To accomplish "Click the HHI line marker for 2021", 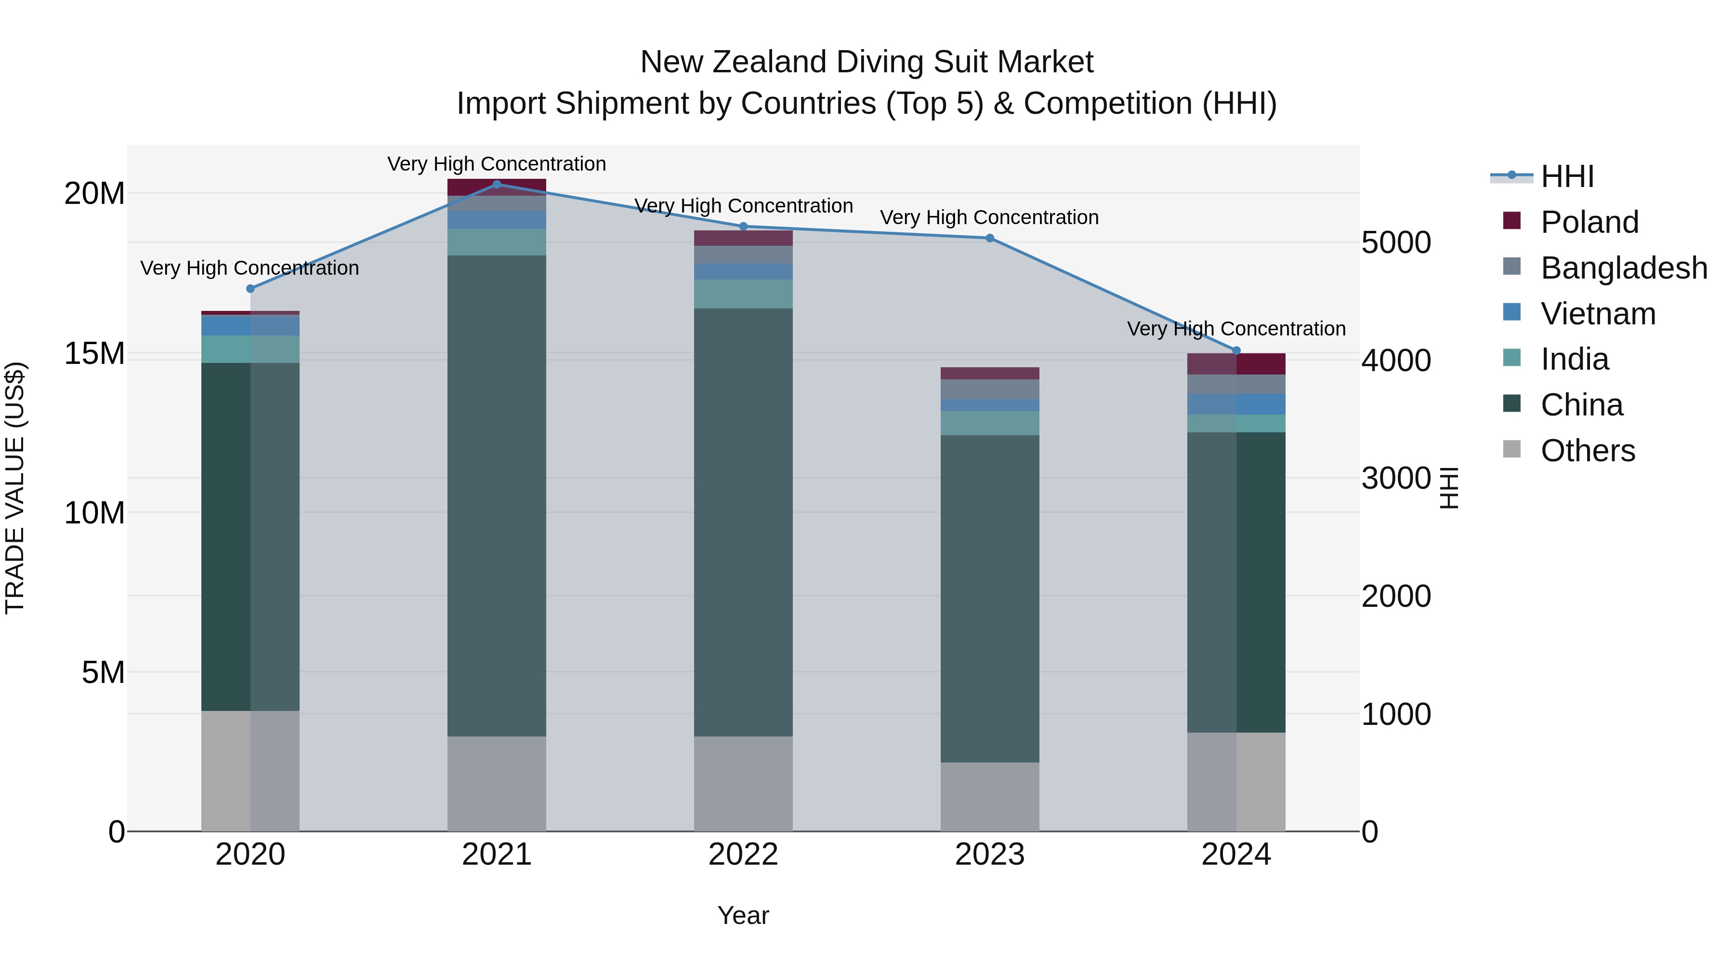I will pos(497,184).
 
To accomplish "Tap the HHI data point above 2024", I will pos(1236,350).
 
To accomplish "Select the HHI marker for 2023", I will pos(989,238).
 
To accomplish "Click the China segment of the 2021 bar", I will pos(497,495).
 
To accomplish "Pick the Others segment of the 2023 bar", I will pos(989,796).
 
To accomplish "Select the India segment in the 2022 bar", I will pos(743,294).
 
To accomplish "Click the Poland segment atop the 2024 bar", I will pos(1236,364).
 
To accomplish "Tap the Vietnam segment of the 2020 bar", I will pos(250,325).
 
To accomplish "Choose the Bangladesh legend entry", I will pos(1623,268).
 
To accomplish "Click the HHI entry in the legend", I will pos(1566,176).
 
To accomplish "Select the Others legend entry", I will pos(1587,451).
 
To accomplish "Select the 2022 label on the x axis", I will pos(743,855).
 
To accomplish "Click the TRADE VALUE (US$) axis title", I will pos(15,488).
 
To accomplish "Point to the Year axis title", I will pos(743,915).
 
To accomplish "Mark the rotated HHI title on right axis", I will pos(1449,488).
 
